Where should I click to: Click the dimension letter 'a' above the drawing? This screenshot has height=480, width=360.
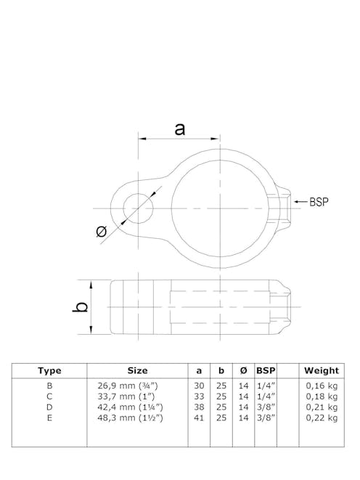(179, 129)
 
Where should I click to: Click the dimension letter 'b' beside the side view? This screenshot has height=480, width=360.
(82, 306)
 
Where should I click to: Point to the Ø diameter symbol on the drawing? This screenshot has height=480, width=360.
(102, 232)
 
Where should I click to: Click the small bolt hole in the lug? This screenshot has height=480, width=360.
(137, 208)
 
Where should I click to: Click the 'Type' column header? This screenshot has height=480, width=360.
(49, 370)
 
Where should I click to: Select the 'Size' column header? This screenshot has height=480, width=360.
(137, 370)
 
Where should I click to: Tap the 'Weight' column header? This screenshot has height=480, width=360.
(322, 370)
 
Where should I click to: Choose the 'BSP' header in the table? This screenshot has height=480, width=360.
(266, 370)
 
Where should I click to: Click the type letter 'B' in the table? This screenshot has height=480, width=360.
(49, 386)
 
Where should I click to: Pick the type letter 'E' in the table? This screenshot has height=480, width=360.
(49, 418)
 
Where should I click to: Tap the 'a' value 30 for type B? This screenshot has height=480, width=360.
(199, 386)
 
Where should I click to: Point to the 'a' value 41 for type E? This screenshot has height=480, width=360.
(199, 418)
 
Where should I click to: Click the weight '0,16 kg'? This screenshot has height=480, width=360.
(322, 386)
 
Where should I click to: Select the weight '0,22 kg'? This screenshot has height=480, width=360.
(322, 418)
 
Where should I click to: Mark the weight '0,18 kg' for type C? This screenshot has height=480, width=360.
(322, 396)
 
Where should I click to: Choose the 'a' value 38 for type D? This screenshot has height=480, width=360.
(199, 407)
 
